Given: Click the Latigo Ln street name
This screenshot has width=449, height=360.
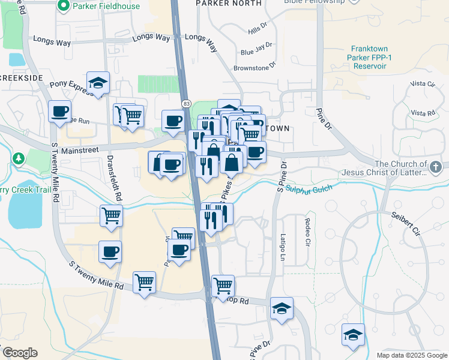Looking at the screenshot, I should click(283, 247).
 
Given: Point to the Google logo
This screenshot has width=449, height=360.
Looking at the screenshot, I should click(19, 353).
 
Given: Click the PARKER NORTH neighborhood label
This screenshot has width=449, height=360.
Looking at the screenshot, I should click(229, 3).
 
